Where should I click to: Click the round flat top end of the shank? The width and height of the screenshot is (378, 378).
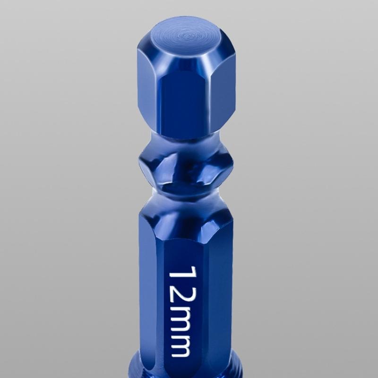click(x=187, y=35)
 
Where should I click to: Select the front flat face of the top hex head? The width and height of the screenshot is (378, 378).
click(x=183, y=102)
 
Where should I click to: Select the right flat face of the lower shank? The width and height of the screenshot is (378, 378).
click(x=220, y=293)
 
